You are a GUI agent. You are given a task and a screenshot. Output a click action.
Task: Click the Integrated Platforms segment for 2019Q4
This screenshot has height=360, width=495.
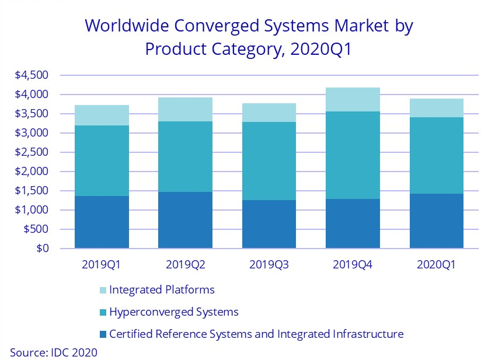(x=355, y=100)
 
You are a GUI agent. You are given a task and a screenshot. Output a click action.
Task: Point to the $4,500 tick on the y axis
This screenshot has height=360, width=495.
(x=33, y=75)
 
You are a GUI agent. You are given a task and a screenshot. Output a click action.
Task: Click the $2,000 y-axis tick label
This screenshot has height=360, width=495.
(x=33, y=172)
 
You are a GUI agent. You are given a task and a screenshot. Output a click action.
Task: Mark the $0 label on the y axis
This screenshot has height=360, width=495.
(x=41, y=249)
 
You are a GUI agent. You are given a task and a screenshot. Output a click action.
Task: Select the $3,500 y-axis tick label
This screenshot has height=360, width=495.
(x=33, y=114)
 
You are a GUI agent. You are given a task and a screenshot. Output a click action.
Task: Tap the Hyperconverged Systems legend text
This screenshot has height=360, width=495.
(x=173, y=312)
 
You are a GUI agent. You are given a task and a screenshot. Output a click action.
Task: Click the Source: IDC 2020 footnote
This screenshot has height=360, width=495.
(x=53, y=352)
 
